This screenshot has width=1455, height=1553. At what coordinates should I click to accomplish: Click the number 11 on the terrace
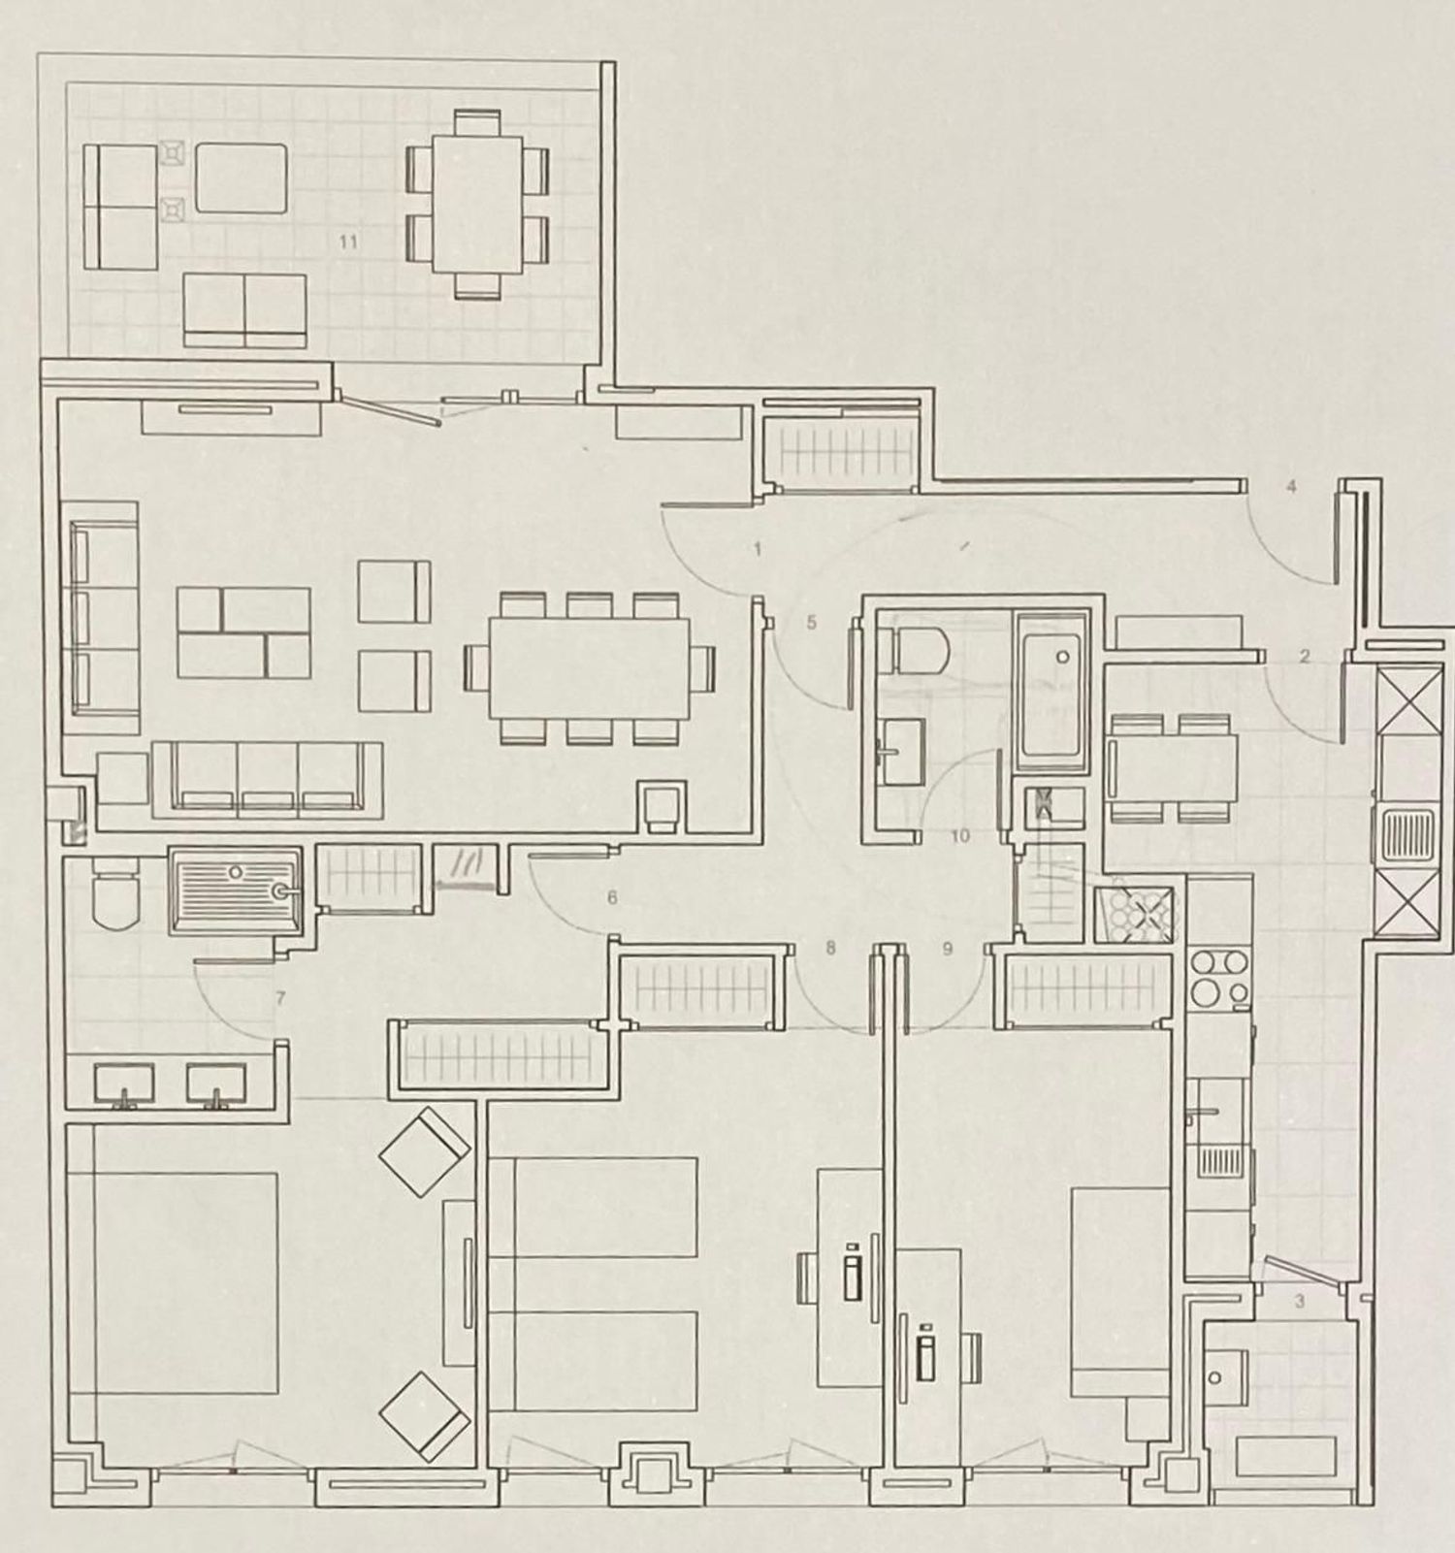coord(348,242)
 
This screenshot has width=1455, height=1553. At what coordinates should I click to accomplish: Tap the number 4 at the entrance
coord(1291,487)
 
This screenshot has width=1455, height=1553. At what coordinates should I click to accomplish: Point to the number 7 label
coord(280,997)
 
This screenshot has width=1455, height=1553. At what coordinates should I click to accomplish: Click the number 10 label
coord(960,836)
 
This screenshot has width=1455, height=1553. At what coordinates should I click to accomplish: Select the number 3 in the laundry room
coord(1300,1302)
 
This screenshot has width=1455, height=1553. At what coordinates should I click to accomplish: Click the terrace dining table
coord(477,205)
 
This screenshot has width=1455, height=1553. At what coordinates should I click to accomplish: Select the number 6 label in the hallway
coord(612,898)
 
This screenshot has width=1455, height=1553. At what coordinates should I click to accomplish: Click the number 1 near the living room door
coord(758,549)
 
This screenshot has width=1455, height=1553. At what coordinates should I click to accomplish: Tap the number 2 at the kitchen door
coord(1305,657)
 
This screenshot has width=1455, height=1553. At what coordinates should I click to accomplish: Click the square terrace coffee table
coord(242,178)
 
